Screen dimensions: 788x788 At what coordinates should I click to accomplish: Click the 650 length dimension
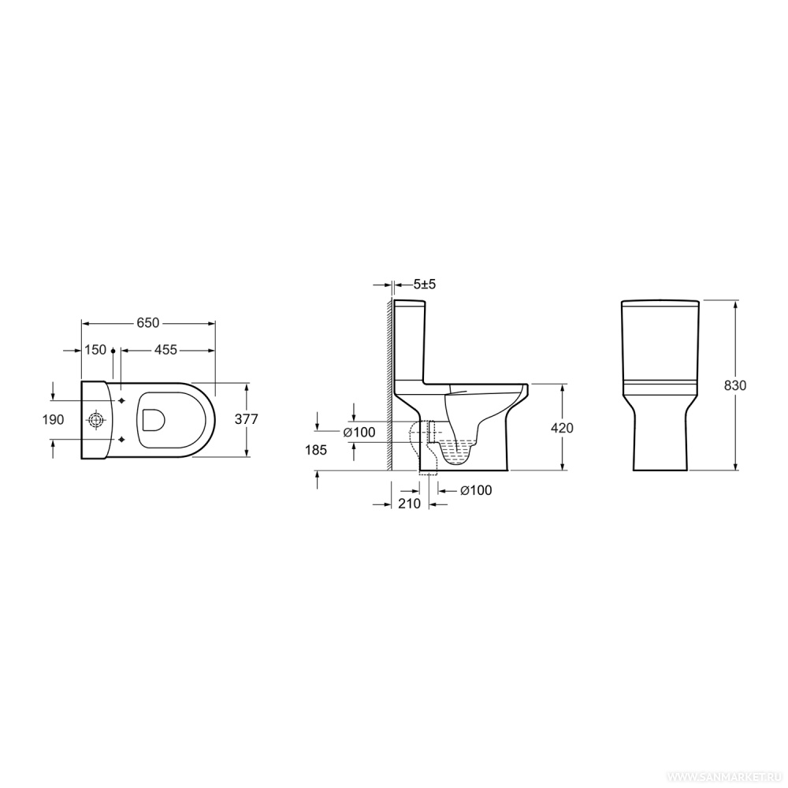point(148,322)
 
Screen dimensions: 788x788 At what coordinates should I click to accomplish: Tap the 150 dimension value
point(95,349)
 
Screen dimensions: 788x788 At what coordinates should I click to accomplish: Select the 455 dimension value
point(165,349)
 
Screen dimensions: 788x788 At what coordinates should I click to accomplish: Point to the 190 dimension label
point(54,419)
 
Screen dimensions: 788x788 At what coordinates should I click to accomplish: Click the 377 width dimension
point(246,419)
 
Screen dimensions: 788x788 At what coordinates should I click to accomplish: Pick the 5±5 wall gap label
point(425,284)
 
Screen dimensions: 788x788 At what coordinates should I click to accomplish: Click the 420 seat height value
point(562,428)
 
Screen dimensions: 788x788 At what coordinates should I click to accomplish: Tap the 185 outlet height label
point(316,450)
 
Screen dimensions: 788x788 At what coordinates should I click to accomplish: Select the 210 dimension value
point(409,503)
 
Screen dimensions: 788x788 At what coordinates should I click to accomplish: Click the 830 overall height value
point(735,385)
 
